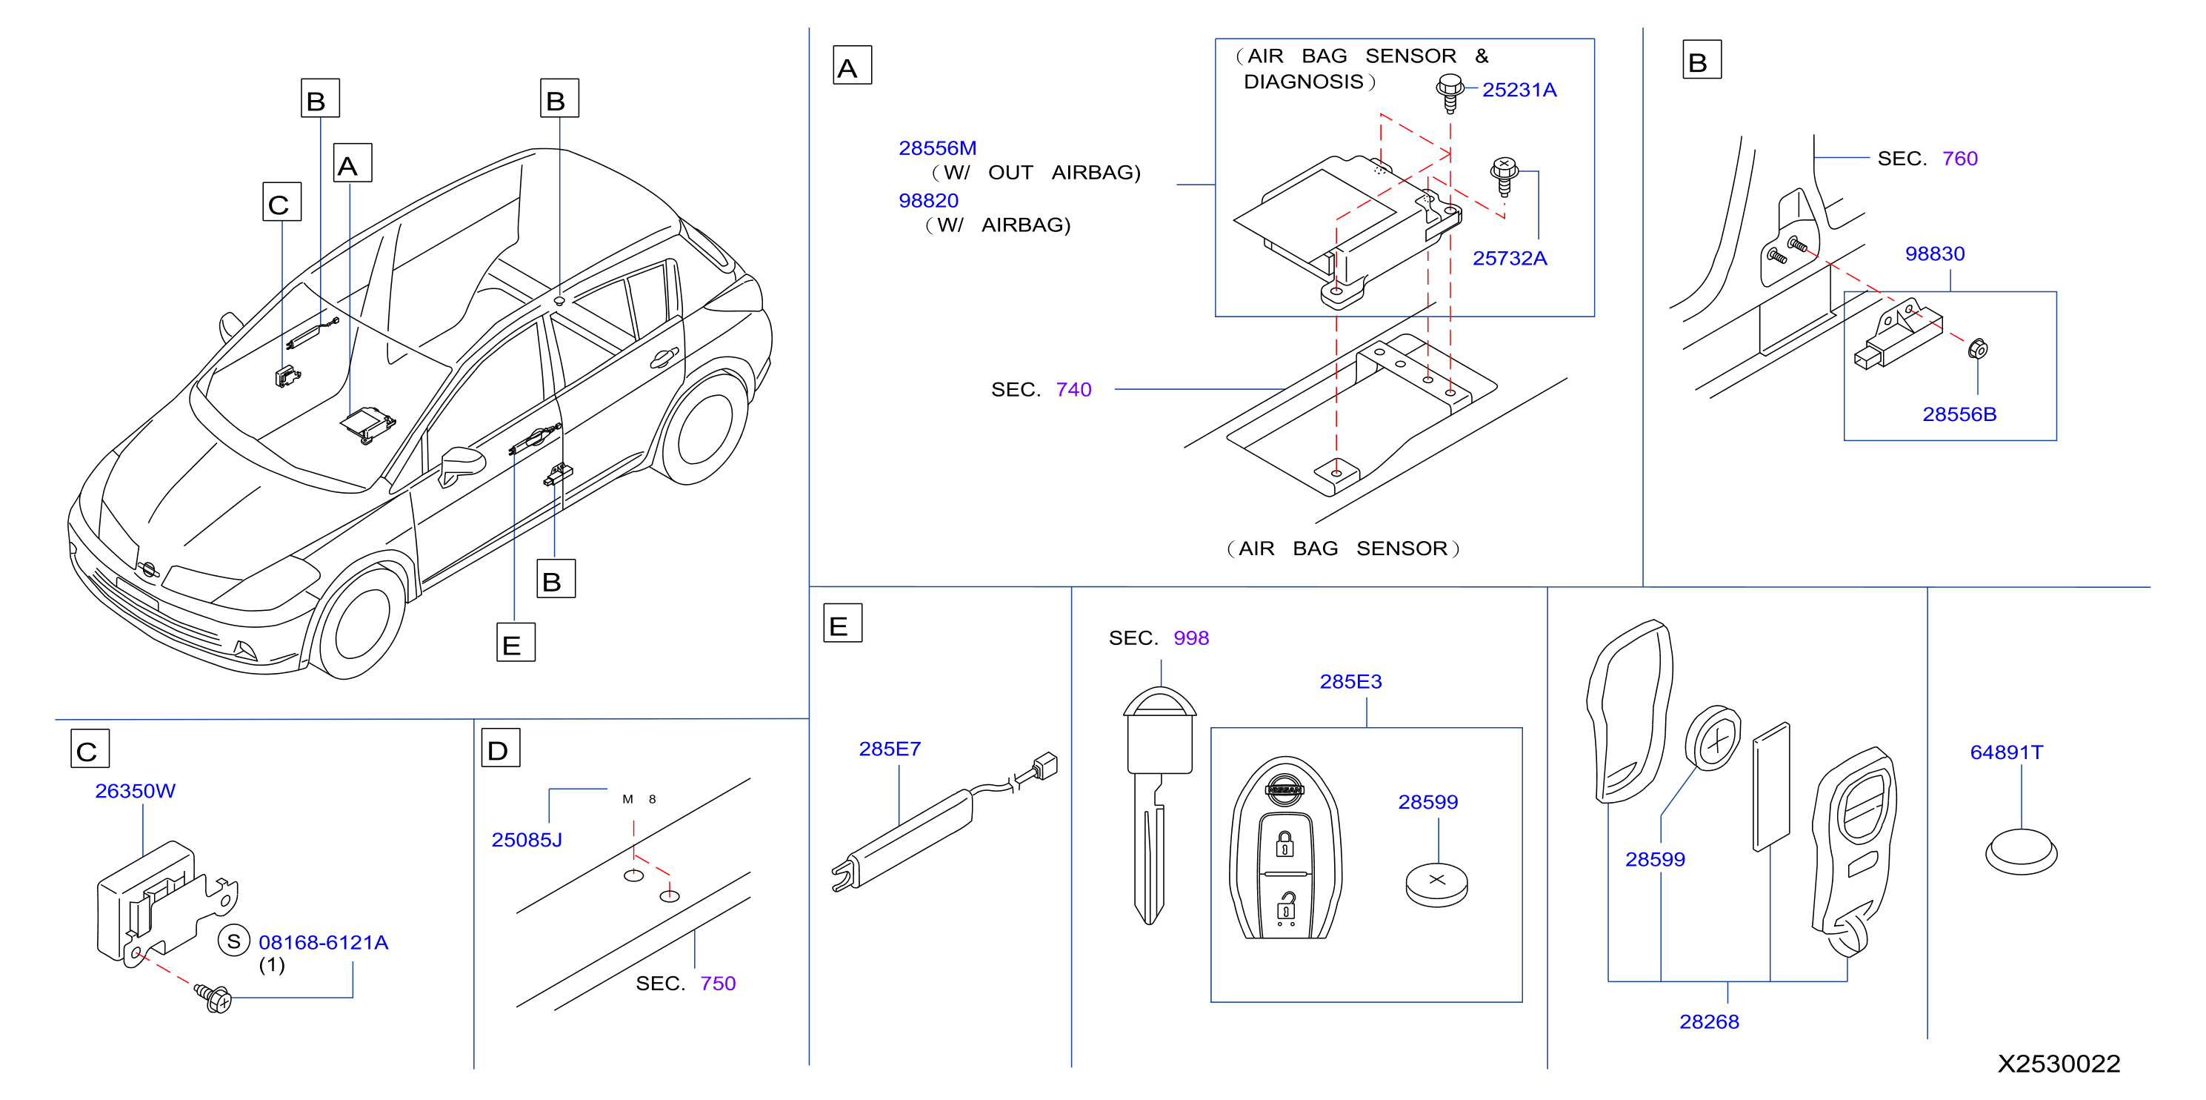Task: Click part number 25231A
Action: coord(1519,90)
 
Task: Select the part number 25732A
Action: coord(1510,258)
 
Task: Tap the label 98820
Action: coord(928,200)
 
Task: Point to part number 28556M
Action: coord(938,148)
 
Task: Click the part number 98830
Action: coord(1935,254)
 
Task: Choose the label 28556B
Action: coord(1959,414)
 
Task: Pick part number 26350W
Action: coord(136,791)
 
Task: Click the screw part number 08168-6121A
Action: coord(324,942)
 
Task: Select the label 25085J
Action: coord(527,840)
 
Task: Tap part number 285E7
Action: coord(890,749)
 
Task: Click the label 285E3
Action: coord(1350,681)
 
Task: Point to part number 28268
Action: coord(1709,1021)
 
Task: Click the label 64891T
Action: coord(2007,752)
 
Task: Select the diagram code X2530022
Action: coord(2059,1063)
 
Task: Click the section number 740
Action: coord(1073,390)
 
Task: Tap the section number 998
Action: coord(1191,638)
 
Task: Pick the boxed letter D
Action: coord(500,749)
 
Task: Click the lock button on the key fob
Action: coord(1284,844)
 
